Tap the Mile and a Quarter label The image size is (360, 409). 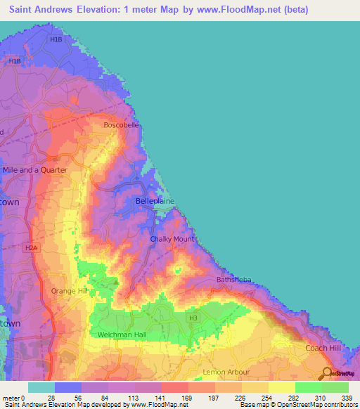tap(35, 170)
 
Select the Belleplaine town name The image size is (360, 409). tap(155, 201)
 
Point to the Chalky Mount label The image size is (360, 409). tap(172, 239)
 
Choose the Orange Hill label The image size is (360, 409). tap(69, 291)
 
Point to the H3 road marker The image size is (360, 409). tap(192, 318)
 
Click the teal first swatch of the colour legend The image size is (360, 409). tap(41, 387)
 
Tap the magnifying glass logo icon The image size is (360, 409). tap(326, 373)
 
